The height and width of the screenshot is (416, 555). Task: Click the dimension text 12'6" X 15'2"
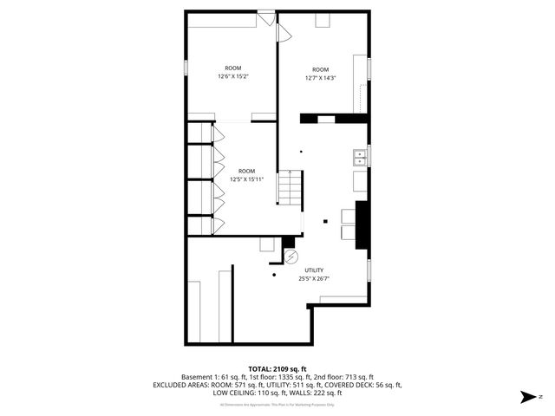coord(233,76)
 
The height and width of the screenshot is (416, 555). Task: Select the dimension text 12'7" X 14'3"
coord(320,78)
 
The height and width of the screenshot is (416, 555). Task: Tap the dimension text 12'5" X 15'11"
coord(246,179)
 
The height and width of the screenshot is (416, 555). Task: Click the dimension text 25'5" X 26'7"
coord(314,278)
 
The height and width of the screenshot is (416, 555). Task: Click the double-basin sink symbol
coord(358,157)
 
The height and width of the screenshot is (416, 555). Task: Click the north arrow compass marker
coord(526,396)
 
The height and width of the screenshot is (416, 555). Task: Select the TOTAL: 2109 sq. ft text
coord(277,369)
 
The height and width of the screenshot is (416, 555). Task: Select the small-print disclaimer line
coord(277,404)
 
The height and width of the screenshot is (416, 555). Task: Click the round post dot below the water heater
coord(274,275)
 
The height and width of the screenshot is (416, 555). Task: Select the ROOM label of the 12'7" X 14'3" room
coord(321,69)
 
